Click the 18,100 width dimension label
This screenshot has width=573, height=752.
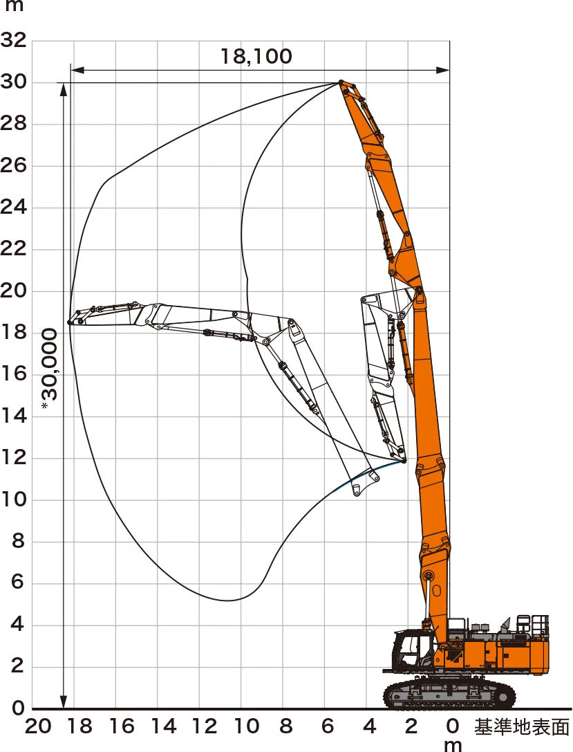pyautogui.click(x=256, y=57)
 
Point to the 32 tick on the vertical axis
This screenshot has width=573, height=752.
pyautogui.click(x=13, y=40)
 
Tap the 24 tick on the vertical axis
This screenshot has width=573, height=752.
pyautogui.click(x=13, y=208)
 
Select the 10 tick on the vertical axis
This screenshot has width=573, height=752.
pyautogui.click(x=13, y=499)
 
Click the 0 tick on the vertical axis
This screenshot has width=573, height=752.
pyautogui.click(x=18, y=708)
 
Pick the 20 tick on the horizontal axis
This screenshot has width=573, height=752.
pyautogui.click(x=38, y=726)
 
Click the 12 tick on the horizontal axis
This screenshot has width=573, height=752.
pyautogui.click(x=205, y=726)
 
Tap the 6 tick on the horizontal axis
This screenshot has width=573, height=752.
pyautogui.click(x=328, y=726)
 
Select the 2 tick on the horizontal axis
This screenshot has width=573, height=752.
pyautogui.click(x=411, y=726)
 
